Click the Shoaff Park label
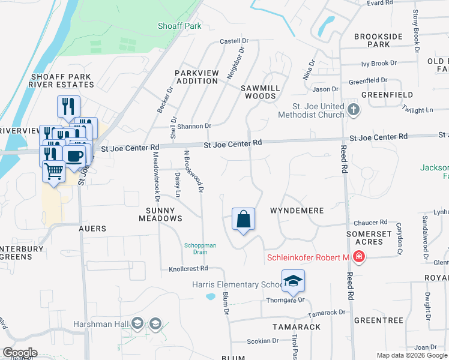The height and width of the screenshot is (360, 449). click(179, 26)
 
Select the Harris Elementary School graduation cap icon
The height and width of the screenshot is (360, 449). click(293, 281)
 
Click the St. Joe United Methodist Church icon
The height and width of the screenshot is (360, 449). click(354, 109)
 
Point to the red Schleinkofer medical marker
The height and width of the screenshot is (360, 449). click(359, 257)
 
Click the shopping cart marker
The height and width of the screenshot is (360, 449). click(53, 172)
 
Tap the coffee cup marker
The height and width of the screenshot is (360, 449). click(74, 157)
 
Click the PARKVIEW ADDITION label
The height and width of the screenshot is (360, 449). click(197, 77)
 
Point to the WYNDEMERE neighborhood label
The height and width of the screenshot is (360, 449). click(297, 211)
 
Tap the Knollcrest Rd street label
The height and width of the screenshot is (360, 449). click(188, 269)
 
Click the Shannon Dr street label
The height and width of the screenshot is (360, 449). click(194, 126)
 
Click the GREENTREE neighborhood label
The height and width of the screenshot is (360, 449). click(378, 320)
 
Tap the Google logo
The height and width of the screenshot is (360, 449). click(19, 353)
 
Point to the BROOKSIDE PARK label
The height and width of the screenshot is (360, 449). click(378, 40)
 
